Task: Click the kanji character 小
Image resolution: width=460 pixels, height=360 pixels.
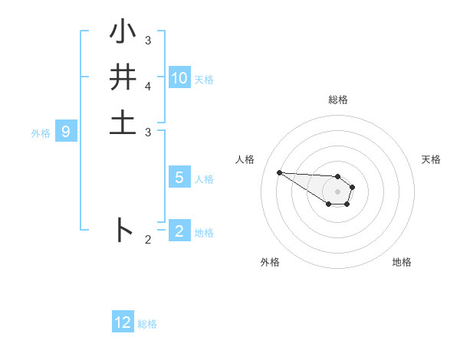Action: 123,34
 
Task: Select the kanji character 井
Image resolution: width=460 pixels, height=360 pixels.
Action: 123,78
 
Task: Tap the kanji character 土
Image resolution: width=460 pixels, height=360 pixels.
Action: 123,123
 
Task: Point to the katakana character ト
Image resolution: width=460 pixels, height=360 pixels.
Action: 123,230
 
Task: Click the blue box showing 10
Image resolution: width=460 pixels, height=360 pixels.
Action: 179,78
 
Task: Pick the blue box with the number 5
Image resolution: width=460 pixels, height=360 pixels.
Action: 179,178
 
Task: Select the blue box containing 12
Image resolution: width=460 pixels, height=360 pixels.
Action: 123,322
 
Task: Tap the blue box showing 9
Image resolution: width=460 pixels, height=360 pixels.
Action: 66,132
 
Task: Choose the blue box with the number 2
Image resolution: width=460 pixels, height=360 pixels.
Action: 179,231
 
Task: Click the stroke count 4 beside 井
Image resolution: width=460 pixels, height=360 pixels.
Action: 148,86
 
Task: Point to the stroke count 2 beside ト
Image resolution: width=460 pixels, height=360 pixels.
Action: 148,240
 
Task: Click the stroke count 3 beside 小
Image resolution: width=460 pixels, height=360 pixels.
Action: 148,40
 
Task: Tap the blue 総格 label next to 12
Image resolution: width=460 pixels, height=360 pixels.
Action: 147,324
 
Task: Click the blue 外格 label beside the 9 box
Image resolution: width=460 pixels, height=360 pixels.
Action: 41,133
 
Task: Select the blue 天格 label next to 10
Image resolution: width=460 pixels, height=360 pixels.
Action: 204,80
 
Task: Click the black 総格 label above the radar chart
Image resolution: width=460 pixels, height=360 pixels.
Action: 337,100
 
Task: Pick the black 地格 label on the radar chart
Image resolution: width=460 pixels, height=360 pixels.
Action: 402,262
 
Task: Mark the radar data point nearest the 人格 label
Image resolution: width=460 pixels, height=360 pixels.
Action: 279,172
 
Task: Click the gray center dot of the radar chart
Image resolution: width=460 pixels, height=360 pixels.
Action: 337,191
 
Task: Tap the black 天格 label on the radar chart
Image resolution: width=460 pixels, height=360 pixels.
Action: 431,159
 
